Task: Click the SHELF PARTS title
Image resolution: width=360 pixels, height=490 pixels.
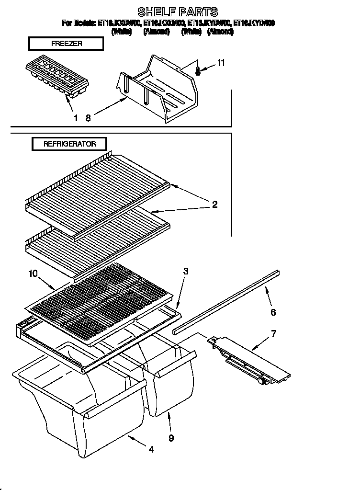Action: [177, 11]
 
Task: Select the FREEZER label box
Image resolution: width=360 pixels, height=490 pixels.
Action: [66, 44]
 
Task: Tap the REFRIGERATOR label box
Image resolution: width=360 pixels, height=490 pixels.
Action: [69, 144]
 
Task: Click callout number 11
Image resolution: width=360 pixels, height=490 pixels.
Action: [221, 63]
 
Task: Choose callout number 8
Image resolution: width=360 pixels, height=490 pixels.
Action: [88, 118]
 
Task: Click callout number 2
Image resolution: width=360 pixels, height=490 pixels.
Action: [214, 205]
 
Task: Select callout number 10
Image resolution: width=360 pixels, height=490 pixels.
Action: [33, 274]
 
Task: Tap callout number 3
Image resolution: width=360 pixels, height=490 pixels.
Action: [185, 271]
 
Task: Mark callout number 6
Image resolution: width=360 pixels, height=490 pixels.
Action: [273, 312]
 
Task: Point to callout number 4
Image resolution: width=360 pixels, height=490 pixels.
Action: [151, 449]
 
